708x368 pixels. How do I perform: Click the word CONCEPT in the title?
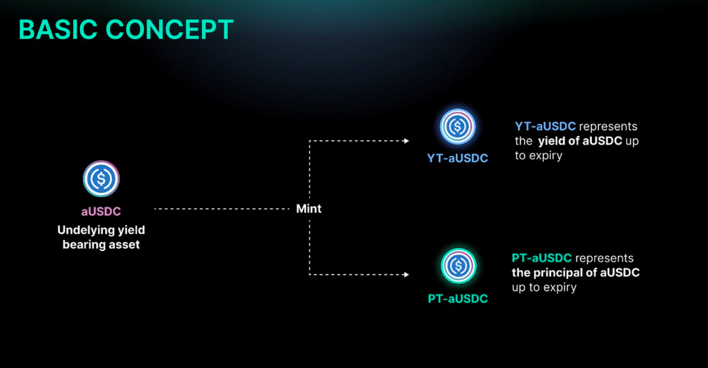coord(175,30)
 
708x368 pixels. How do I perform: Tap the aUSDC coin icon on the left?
coord(101,180)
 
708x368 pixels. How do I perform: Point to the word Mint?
coord(309,209)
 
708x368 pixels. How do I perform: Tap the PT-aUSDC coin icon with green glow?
coord(457,266)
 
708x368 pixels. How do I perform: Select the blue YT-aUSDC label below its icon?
coord(458,159)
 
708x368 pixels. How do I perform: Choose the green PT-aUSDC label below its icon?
coord(458,299)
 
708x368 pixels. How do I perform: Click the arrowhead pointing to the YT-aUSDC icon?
coord(406,141)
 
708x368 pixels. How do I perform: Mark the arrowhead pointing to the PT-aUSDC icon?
coord(406,275)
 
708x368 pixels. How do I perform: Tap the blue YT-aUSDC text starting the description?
coord(545,127)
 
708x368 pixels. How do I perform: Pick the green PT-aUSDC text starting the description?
coord(542,258)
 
